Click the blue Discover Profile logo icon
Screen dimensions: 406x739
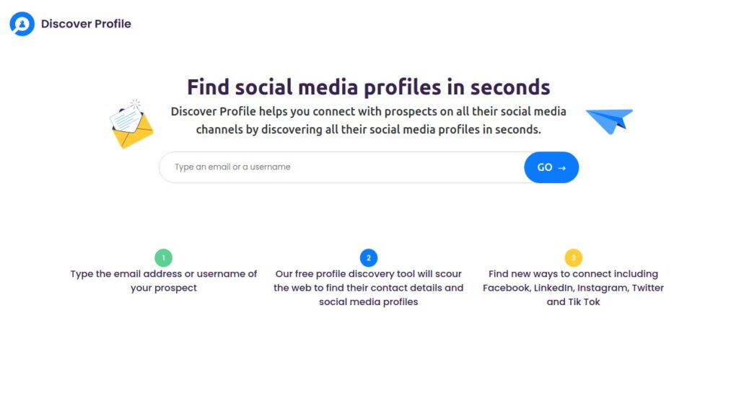22,24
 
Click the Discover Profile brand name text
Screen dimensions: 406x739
86,24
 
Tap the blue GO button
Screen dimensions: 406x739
551,167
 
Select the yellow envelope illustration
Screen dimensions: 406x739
131,125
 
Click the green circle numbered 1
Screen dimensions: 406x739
164,257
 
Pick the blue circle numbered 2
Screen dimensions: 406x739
369,257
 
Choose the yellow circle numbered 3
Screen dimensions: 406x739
573,257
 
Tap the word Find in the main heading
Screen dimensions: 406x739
209,87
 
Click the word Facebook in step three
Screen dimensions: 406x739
506,288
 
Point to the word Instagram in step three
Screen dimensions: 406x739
603,288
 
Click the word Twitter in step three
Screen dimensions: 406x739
648,288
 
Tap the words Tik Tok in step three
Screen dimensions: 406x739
584,302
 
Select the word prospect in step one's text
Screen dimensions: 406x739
175,288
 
